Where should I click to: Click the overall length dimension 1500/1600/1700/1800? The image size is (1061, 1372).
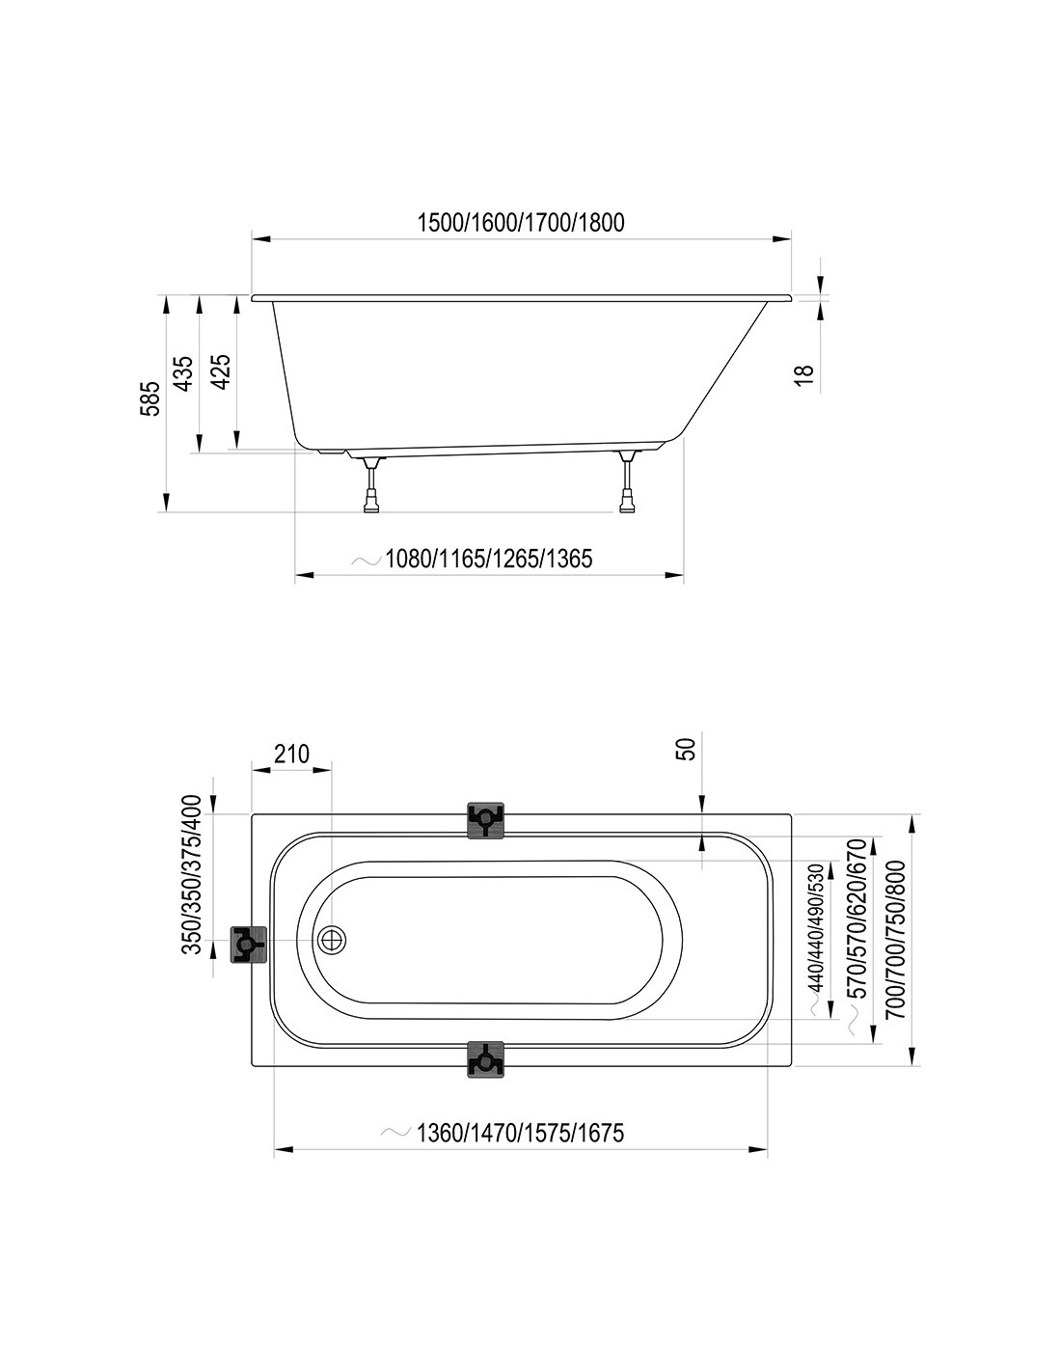point(521,223)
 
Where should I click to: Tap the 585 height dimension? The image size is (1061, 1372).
point(150,398)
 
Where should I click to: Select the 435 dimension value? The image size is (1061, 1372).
point(183,373)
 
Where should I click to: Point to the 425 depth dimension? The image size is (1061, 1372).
point(220,371)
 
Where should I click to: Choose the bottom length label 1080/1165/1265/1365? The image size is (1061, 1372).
point(489,559)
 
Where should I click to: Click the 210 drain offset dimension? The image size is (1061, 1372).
point(291,754)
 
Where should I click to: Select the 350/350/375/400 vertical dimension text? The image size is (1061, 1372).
point(191,885)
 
